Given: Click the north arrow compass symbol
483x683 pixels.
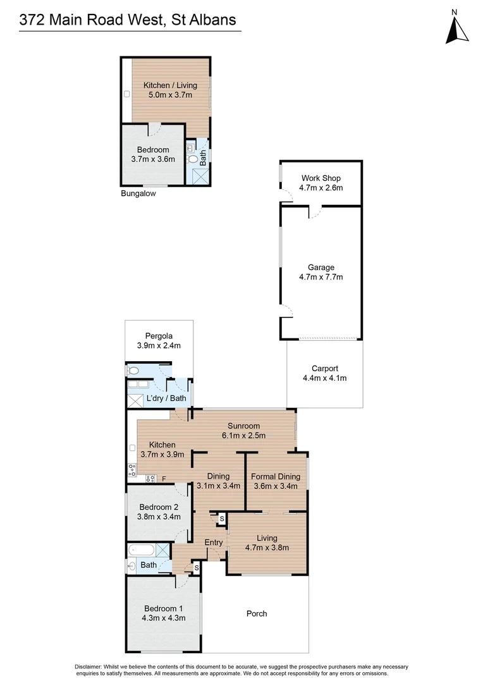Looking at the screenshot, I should pyautogui.click(x=457, y=28).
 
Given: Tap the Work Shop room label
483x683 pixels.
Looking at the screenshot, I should pyautogui.click(x=321, y=178).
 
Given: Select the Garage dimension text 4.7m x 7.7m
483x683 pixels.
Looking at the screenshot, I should pyautogui.click(x=321, y=277).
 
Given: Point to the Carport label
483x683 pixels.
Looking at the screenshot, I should pyautogui.click(x=325, y=368).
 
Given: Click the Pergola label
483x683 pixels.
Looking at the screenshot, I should pyautogui.click(x=159, y=336).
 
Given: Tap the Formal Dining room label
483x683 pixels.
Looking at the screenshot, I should pyautogui.click(x=276, y=476).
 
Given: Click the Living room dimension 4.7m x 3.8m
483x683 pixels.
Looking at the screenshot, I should pyautogui.click(x=267, y=548).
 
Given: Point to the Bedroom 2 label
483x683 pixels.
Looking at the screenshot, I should pyautogui.click(x=159, y=507).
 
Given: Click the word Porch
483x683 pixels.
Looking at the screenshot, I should pyautogui.click(x=257, y=613).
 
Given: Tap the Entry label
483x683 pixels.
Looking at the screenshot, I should pyautogui.click(x=214, y=543).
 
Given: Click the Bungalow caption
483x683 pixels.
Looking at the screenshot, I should pyautogui.click(x=138, y=194).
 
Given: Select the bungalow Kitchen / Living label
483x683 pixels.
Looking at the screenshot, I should pyautogui.click(x=170, y=85).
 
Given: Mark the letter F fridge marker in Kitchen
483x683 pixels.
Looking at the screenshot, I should pyautogui.click(x=164, y=479).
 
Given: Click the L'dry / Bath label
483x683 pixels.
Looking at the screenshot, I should pyautogui.click(x=166, y=398).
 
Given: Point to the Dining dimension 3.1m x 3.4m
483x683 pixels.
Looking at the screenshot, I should pyautogui.click(x=218, y=486).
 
